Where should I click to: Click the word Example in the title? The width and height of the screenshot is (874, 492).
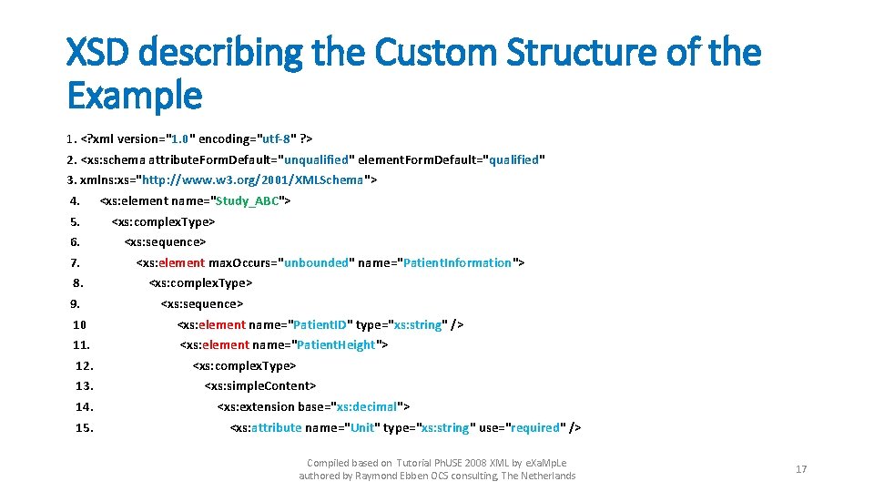[134, 94]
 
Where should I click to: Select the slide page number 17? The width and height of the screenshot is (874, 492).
[801, 469]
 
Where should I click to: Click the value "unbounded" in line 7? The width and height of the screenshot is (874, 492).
[316, 262]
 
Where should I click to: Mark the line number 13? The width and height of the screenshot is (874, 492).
[85, 386]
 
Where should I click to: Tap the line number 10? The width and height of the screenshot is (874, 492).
[80, 324]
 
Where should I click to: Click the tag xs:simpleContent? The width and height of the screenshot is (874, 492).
[259, 386]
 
